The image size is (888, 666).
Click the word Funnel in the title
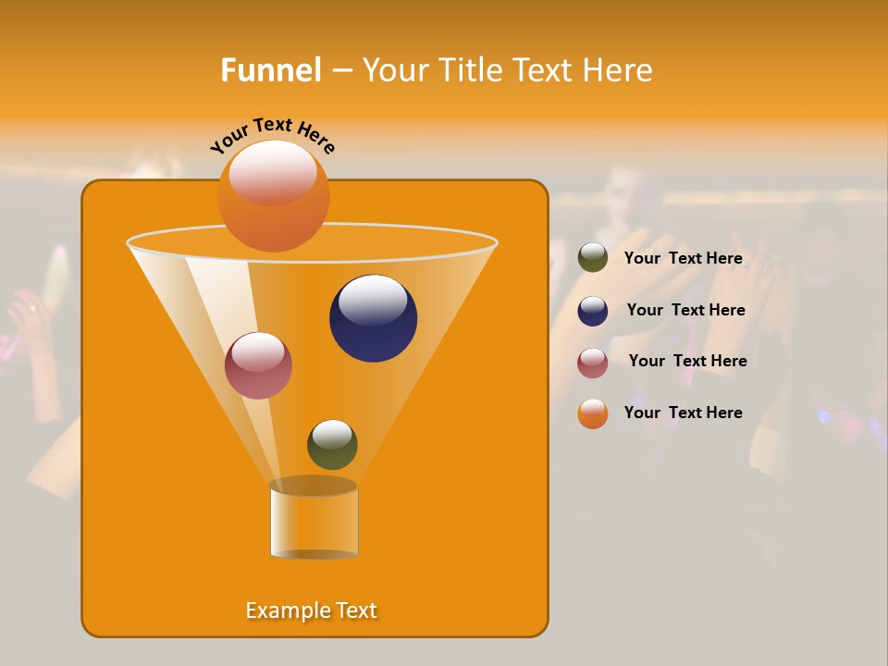(x=270, y=70)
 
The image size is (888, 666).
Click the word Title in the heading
(x=469, y=70)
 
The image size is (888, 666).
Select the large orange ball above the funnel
(x=273, y=196)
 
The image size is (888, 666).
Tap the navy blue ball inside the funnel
(x=373, y=319)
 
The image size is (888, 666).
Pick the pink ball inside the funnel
(x=258, y=366)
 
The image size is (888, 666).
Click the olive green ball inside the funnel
(x=332, y=445)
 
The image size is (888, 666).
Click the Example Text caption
(x=312, y=610)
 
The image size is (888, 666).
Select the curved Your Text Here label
(x=272, y=135)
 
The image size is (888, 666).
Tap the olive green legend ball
(x=593, y=258)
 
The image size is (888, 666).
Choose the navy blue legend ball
(x=593, y=311)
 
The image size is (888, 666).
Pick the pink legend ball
(x=593, y=363)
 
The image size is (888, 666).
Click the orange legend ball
(x=593, y=413)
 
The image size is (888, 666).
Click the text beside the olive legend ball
(x=683, y=259)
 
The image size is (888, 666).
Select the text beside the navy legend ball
(x=685, y=310)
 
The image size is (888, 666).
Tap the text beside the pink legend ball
(x=687, y=361)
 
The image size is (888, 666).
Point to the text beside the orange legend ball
(x=683, y=413)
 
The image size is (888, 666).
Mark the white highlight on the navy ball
(x=373, y=301)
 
